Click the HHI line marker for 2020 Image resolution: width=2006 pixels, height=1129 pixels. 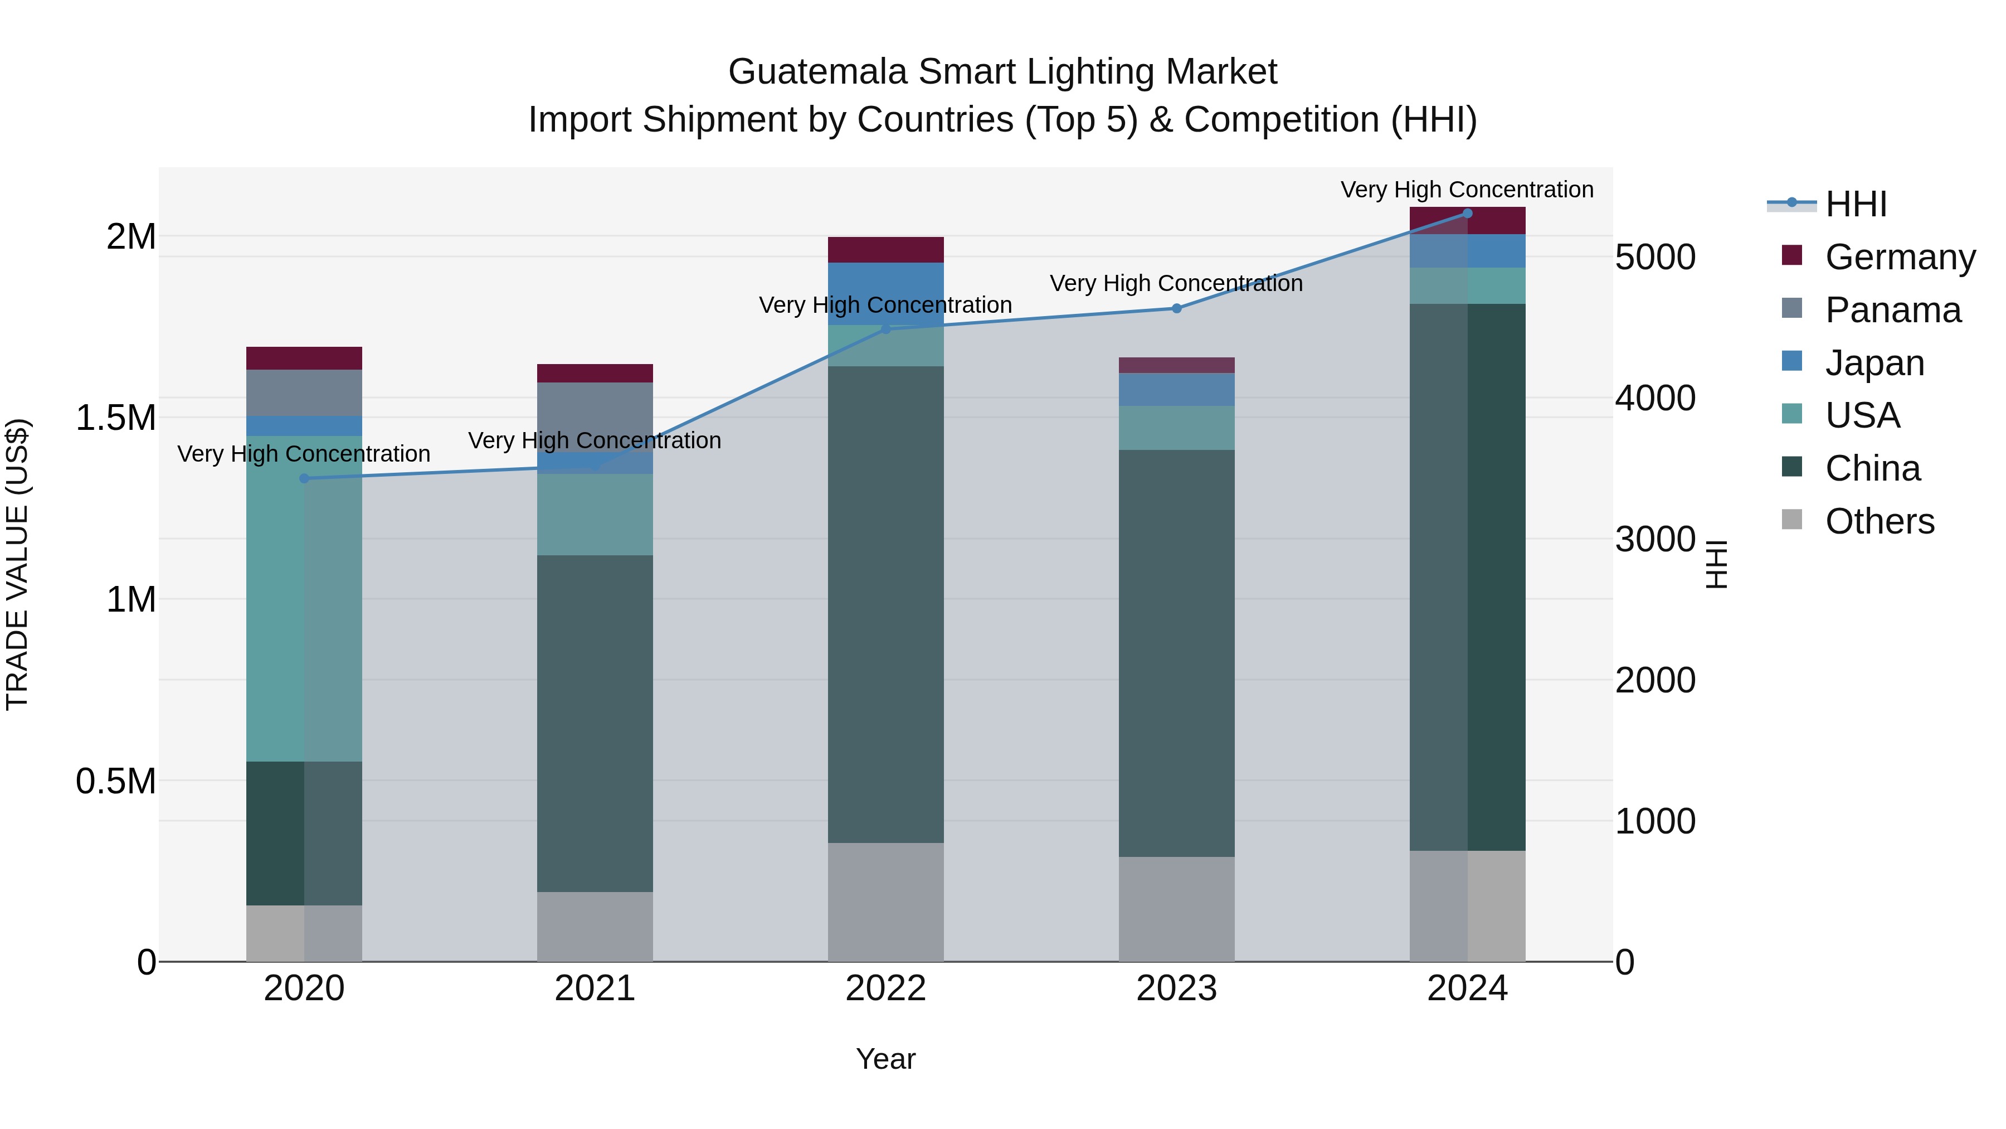pyautogui.click(x=304, y=478)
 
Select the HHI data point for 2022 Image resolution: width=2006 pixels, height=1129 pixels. pyautogui.click(x=885, y=329)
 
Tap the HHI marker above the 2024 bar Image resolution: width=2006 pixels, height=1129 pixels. pyautogui.click(x=1467, y=213)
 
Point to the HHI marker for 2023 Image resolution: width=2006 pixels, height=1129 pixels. pyautogui.click(x=1177, y=308)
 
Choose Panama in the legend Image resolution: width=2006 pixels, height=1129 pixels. pyautogui.click(x=1892, y=310)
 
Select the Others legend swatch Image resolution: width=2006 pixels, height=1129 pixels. pyautogui.click(x=1792, y=520)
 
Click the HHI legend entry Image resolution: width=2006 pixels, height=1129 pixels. pyautogui.click(x=1855, y=204)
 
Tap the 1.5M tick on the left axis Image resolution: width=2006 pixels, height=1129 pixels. pyautogui.click(x=115, y=418)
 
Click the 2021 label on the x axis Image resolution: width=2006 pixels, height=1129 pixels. pyautogui.click(x=595, y=989)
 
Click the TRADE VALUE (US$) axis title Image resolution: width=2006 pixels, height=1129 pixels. pyautogui.click(x=17, y=564)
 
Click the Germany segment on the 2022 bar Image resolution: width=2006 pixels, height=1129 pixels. pyautogui.click(x=885, y=249)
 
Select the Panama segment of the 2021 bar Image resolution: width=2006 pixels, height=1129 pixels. pyautogui.click(x=595, y=417)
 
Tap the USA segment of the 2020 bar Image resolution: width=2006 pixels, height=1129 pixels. pyautogui.click(x=304, y=598)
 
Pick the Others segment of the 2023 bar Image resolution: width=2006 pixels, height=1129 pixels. pyautogui.click(x=1177, y=909)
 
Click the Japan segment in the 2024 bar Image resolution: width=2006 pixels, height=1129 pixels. pyautogui.click(x=1467, y=251)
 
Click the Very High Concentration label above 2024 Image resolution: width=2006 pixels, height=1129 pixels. pyautogui.click(x=1467, y=190)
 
